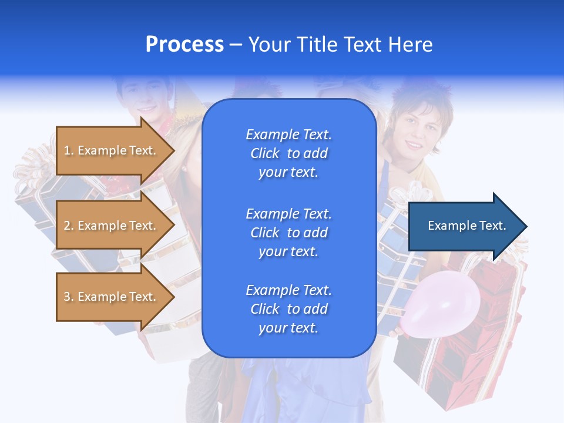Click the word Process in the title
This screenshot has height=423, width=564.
184,45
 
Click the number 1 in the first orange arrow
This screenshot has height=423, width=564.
67,151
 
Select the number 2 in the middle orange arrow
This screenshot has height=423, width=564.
67,226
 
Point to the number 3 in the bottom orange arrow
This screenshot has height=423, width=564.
67,297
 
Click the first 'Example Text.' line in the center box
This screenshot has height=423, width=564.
288,135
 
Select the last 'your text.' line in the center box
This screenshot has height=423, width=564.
288,328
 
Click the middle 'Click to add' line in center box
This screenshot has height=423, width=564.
288,233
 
